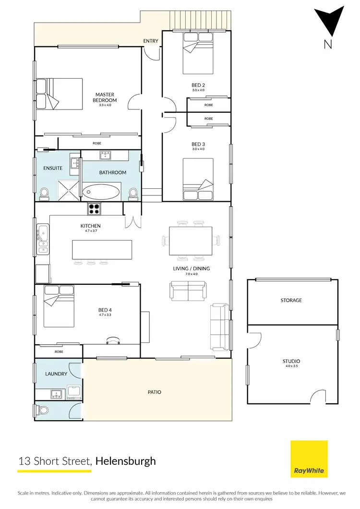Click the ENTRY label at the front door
(151, 41)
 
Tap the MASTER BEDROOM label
(104, 97)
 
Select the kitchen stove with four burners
(94, 209)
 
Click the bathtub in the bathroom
(101, 193)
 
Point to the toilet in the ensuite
(44, 193)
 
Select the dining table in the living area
(191, 241)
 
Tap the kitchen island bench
(102, 250)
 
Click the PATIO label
(155, 392)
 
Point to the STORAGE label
(291, 301)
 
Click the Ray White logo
(309, 459)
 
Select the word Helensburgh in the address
(126, 461)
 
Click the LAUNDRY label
(56, 374)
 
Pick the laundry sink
(56, 395)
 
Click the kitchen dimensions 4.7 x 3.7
(90, 231)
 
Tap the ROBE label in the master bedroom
(97, 143)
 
